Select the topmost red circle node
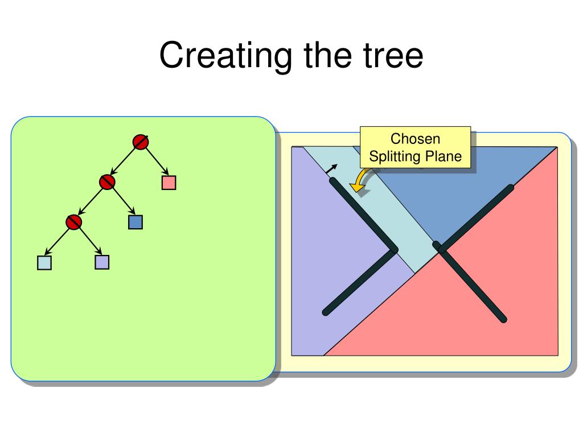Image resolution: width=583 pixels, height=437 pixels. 141,142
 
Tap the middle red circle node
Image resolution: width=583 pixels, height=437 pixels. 107,182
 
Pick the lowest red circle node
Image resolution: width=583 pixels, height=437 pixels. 73,222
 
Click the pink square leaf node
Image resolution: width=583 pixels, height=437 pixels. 169,183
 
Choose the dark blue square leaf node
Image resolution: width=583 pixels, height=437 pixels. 136,222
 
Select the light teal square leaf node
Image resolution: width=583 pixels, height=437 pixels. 44,263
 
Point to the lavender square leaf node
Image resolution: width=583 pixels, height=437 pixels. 102,262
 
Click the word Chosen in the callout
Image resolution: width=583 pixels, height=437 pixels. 415,139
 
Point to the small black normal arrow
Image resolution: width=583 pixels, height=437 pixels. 331,169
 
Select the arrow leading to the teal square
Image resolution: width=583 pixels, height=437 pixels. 57,241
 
